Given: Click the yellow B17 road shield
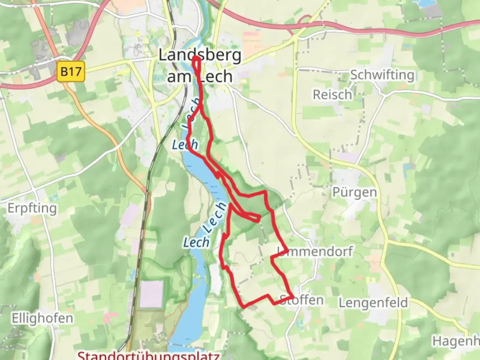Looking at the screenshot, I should point(71,71).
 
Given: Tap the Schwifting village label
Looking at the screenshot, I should point(382,75).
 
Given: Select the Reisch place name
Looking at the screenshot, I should point(332,95).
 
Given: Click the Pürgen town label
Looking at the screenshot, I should point(355,192).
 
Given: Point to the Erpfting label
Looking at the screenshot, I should point(32,208).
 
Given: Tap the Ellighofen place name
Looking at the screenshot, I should point(42,318).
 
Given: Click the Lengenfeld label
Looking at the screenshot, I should point(373,303).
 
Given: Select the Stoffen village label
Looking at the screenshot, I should point(302,300).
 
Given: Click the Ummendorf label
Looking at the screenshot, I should point(315,251).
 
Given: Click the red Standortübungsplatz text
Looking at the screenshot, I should point(148,355).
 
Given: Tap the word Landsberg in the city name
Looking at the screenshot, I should point(199,55).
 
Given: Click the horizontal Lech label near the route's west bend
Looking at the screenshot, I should point(185,145).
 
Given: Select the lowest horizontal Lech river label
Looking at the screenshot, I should point(196,242).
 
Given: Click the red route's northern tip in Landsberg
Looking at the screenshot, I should point(196,58).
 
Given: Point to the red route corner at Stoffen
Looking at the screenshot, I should point(293,296).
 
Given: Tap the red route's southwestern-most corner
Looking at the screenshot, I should point(244,306).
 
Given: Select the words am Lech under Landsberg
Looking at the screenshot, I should point(199,77).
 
